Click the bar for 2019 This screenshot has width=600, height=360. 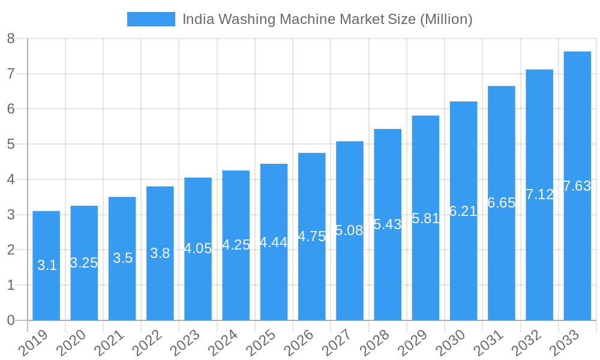tap(46, 265)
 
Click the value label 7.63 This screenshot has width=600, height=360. tap(577, 186)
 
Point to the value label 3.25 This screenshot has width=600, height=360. tap(84, 263)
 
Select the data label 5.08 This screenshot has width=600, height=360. tap(349, 230)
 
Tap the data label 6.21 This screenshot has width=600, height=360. tap(463, 211)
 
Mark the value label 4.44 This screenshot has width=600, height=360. tap(274, 242)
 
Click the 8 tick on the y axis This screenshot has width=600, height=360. tap(11, 39)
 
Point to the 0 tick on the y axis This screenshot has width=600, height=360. tap(11, 320)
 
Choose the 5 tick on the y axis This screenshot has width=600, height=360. tap(11, 145)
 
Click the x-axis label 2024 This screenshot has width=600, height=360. tap(227, 344)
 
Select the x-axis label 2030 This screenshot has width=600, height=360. tap(455, 344)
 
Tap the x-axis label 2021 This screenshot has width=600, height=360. tap(113, 344)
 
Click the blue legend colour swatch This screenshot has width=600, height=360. tap(151, 19)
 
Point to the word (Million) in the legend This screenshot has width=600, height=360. tap(446, 19)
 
